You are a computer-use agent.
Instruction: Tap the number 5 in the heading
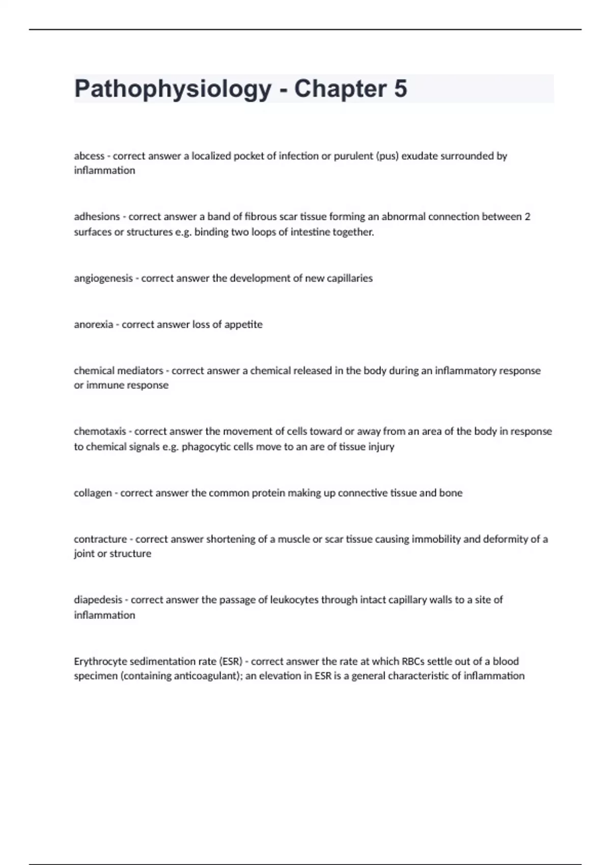(400, 89)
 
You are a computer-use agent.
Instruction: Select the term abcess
(89, 156)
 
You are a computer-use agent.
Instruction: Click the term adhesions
(97, 217)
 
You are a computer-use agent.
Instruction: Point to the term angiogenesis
(103, 278)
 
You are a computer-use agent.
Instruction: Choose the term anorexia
(93, 325)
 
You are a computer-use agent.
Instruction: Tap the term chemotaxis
(100, 431)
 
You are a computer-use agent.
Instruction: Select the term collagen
(93, 493)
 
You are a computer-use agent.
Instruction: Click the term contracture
(100, 539)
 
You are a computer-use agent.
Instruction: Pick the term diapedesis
(98, 600)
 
